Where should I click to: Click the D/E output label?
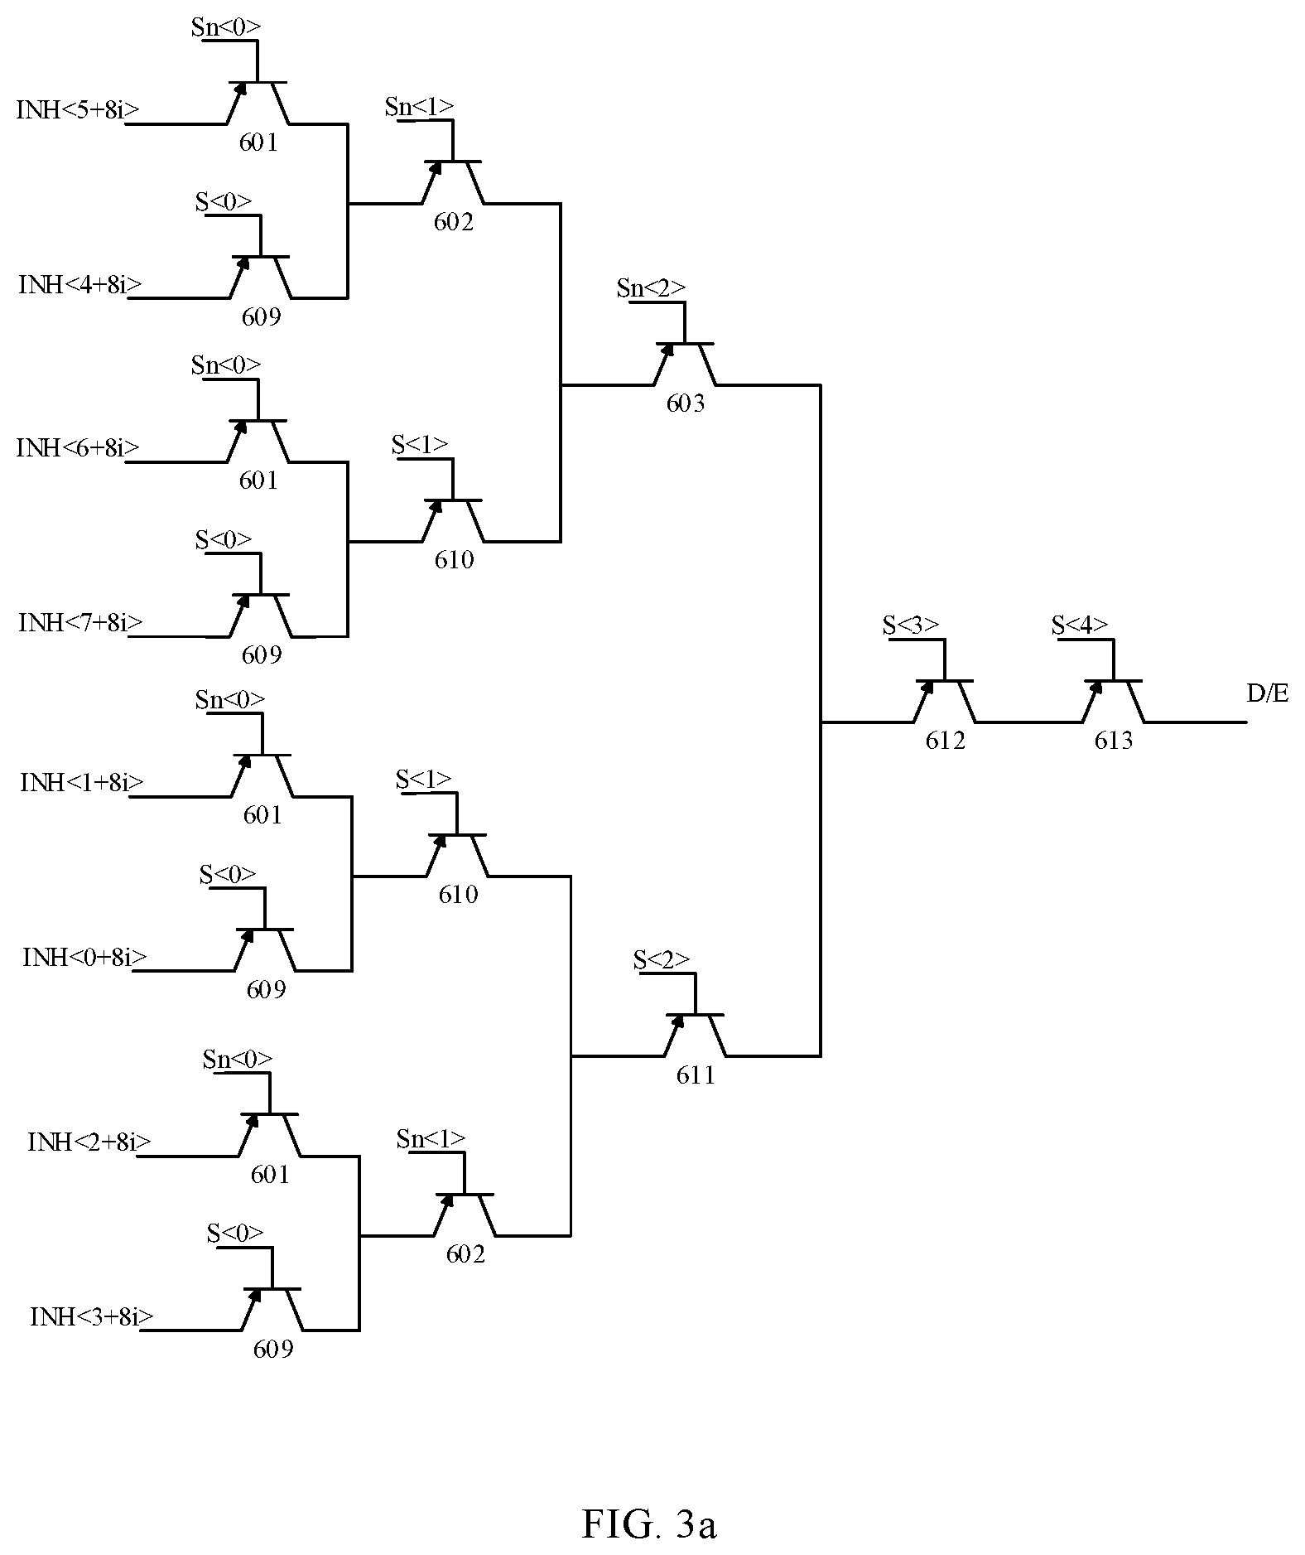click(1268, 694)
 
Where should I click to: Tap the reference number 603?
click(686, 403)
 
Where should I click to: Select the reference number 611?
click(696, 1075)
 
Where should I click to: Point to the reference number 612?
click(946, 741)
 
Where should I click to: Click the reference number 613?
click(1114, 741)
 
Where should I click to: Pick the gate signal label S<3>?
click(911, 625)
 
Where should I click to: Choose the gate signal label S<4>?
click(1080, 625)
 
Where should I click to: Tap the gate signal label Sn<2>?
click(652, 287)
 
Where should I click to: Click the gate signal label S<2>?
click(662, 959)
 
